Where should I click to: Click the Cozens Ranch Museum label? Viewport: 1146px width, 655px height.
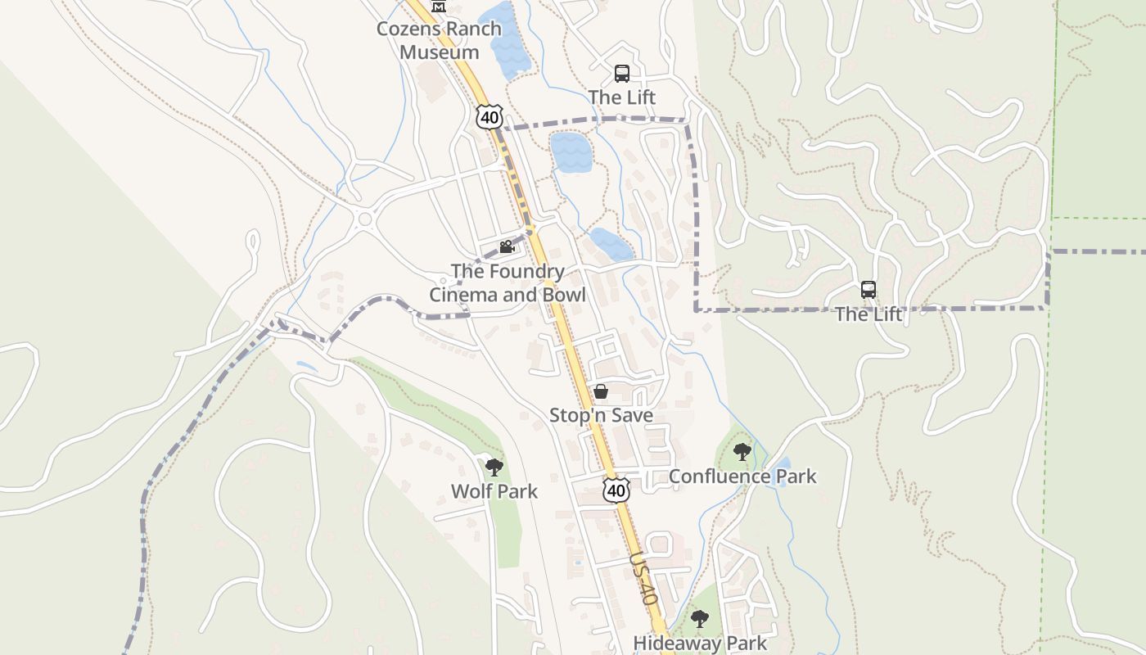pyautogui.click(x=439, y=40)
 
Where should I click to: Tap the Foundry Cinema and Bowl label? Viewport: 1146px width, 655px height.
pyautogui.click(x=508, y=282)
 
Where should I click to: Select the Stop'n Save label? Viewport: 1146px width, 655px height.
pyautogui.click(x=601, y=415)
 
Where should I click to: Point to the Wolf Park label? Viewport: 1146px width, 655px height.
pyautogui.click(x=494, y=491)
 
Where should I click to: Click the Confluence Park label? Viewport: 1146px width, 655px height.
pyautogui.click(x=742, y=476)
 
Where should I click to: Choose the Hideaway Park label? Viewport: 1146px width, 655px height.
pyautogui.click(x=700, y=643)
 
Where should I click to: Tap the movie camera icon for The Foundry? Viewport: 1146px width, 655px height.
pyautogui.click(x=507, y=246)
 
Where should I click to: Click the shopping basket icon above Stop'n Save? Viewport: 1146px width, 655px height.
pyautogui.click(x=601, y=392)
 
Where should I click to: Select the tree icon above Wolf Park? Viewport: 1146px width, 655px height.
pyautogui.click(x=494, y=468)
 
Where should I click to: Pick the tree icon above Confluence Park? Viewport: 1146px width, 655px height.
pyautogui.click(x=742, y=452)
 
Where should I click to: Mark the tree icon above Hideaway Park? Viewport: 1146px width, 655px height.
pyautogui.click(x=699, y=619)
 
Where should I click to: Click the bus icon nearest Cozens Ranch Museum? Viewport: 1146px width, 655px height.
pyautogui.click(x=622, y=74)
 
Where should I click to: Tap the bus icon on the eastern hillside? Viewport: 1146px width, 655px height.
pyautogui.click(x=869, y=290)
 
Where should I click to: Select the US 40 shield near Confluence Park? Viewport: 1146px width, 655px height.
pyautogui.click(x=616, y=490)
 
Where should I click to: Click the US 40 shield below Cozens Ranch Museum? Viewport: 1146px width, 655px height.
pyautogui.click(x=489, y=116)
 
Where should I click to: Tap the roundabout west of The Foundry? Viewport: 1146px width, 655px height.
pyautogui.click(x=364, y=219)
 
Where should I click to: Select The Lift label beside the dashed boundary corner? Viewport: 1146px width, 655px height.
pyautogui.click(x=869, y=314)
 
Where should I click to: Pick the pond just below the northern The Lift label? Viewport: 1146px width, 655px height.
pyautogui.click(x=571, y=151)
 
